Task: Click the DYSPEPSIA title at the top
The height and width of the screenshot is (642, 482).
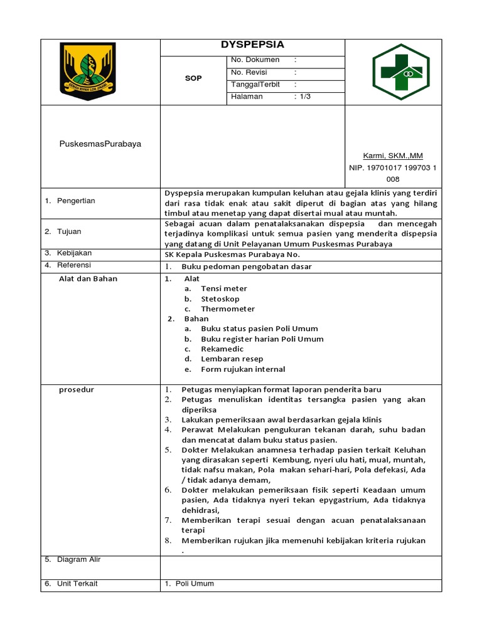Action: tap(252, 45)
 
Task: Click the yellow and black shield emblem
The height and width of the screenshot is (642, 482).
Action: tap(87, 71)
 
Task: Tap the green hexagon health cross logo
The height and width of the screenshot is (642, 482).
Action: tap(400, 72)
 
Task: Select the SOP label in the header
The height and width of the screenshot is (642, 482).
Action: tap(193, 78)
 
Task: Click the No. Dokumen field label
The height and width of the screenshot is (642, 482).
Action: tap(255, 60)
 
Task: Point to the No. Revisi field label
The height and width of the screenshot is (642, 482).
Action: tap(250, 72)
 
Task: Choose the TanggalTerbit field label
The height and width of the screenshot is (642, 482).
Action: tap(255, 85)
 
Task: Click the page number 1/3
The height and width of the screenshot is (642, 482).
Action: tap(305, 97)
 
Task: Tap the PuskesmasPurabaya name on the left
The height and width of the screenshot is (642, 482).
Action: tap(100, 144)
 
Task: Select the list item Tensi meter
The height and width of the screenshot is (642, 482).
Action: tap(223, 288)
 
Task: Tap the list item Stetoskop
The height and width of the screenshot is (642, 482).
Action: tap(220, 299)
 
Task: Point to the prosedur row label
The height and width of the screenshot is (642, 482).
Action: tap(77, 389)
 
